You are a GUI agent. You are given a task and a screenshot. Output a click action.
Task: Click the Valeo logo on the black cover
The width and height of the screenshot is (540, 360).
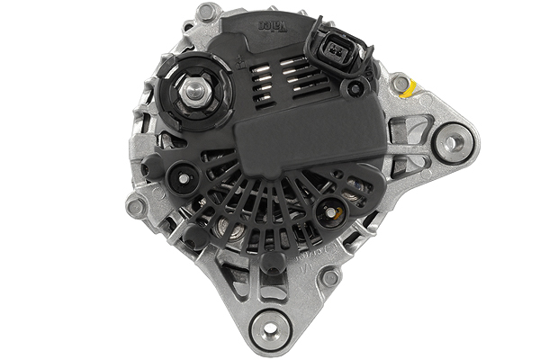(x=274, y=22)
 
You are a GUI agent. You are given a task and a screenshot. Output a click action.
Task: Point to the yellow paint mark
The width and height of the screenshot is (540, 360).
(x=410, y=88)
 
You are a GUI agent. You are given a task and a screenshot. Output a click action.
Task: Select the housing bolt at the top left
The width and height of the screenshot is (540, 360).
(x=208, y=13)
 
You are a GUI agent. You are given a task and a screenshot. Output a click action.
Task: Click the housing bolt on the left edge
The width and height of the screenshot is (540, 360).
(x=137, y=205)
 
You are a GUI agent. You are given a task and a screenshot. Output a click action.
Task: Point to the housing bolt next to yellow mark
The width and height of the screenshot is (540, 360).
(x=399, y=85)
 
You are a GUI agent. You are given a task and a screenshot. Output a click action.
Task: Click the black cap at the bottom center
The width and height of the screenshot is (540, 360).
(x=271, y=261)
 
